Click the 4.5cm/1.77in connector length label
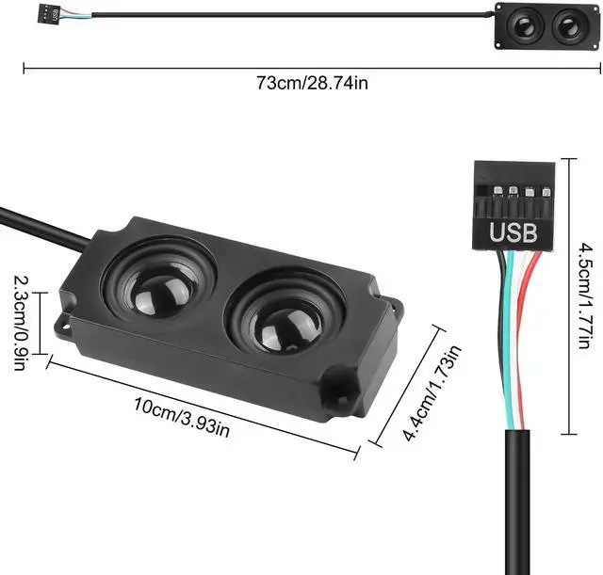(x=585, y=295)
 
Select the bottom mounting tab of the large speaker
(x=338, y=400)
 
